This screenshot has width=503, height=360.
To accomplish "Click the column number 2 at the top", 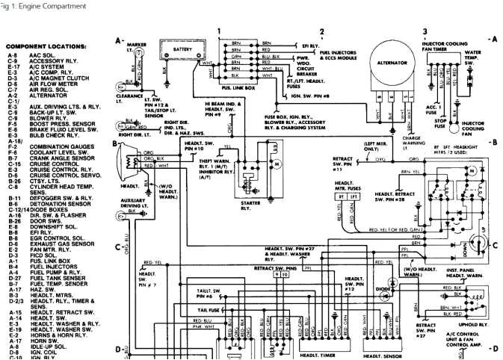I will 321,31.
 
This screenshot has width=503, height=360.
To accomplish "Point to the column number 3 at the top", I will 425,31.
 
